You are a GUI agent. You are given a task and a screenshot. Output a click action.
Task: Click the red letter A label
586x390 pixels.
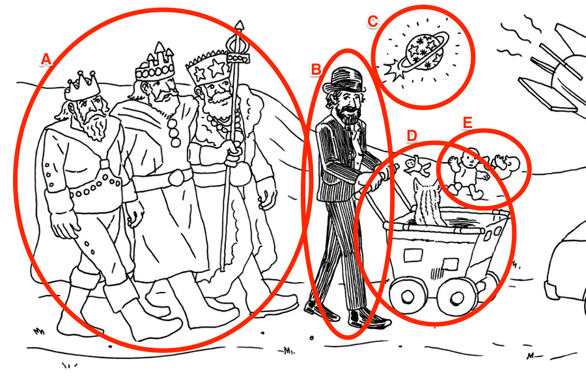46,59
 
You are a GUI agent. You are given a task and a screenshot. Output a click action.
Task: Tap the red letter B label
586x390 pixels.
316,69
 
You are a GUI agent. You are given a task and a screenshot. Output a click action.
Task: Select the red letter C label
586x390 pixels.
372,21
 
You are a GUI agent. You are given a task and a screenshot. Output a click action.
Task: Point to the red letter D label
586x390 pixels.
412,136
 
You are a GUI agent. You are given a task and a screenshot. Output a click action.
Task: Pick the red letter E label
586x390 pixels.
467,122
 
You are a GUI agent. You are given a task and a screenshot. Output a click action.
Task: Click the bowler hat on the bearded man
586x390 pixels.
344,80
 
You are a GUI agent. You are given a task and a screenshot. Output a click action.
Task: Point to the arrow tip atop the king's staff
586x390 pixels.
239,25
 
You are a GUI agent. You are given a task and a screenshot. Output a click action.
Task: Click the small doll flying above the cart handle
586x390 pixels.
417,166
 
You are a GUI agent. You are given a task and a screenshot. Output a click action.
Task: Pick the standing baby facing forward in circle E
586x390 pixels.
467,172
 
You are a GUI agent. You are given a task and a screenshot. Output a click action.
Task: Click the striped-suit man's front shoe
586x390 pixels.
368,319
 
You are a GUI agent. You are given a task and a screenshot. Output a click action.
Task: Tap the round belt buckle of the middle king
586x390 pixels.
176,177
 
